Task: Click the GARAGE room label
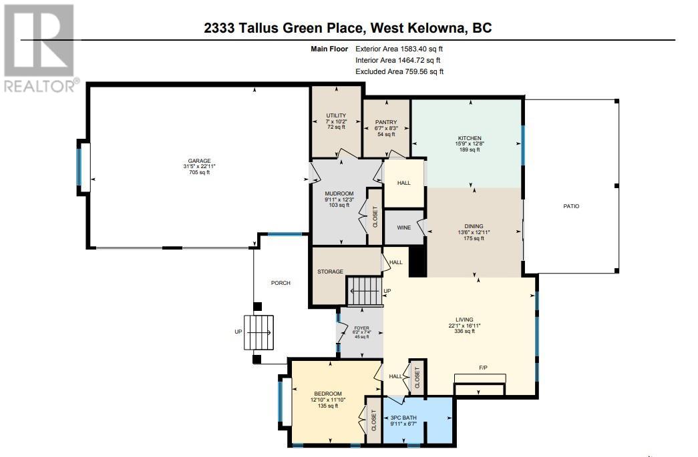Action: [199, 161]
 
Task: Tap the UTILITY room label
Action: [336, 115]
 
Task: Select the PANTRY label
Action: [386, 122]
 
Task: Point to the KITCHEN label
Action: [470, 138]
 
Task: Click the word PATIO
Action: [571, 206]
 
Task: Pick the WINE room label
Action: [403, 227]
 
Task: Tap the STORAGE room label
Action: [331, 272]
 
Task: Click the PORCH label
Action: [281, 283]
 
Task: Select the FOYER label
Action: [361, 328]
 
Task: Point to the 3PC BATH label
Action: [403, 418]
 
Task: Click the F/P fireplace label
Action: [483, 368]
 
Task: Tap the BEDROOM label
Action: [328, 394]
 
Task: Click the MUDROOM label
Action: [339, 194]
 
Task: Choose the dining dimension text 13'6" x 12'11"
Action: [474, 232]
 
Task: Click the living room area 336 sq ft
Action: [464, 331]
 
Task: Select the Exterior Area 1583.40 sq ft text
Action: [399, 49]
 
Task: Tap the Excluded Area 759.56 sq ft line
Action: [399, 71]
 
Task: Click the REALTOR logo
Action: [40, 48]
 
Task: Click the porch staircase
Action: [258, 332]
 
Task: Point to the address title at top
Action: [348, 27]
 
